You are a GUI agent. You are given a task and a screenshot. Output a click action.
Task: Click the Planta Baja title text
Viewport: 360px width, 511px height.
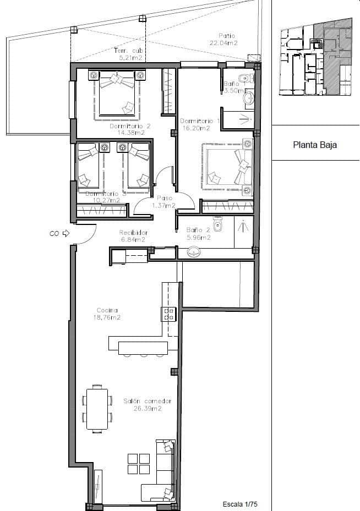314,146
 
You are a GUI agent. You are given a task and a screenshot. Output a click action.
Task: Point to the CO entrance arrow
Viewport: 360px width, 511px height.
66,233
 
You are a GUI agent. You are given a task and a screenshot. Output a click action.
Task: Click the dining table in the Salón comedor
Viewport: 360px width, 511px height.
97,409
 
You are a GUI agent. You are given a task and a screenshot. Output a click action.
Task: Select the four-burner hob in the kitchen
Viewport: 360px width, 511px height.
168,315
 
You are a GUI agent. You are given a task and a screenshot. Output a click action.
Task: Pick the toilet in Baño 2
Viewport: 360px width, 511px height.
218,224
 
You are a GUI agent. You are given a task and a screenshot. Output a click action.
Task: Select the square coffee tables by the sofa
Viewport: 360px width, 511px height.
138,463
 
